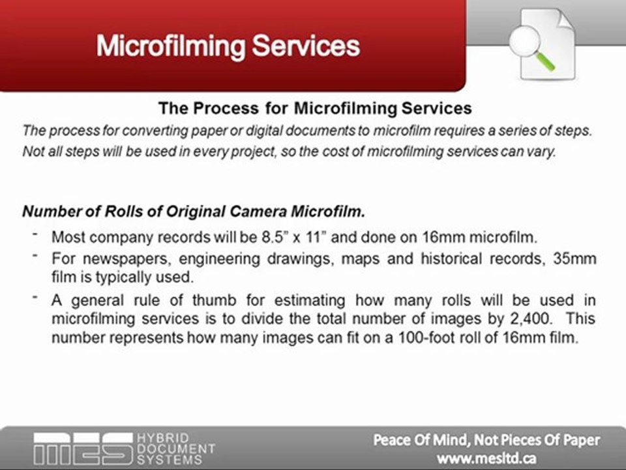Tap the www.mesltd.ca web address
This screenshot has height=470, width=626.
pyautogui.click(x=487, y=458)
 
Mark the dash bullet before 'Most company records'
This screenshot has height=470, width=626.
pyautogui.click(x=34, y=233)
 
